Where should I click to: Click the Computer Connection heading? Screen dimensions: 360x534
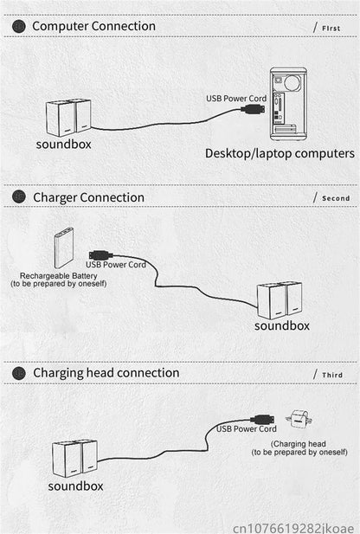click(93, 26)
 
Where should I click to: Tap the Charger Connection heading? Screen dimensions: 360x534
click(88, 197)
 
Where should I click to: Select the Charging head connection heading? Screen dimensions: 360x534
click(106, 373)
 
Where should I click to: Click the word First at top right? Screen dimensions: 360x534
click(331, 29)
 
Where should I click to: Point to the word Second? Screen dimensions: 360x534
click(336, 198)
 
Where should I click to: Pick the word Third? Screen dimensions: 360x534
click(332, 375)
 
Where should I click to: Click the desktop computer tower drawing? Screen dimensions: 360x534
click(288, 104)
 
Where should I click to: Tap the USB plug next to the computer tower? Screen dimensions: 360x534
click(253, 110)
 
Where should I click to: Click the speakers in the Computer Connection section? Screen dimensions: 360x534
click(68, 118)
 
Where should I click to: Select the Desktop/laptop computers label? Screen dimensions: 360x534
click(280, 153)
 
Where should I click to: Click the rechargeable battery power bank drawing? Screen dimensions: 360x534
click(64, 248)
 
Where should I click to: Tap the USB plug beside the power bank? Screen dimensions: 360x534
click(100, 255)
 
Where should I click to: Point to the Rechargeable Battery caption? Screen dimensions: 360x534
click(59, 280)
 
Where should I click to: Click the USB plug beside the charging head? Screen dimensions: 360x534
click(262, 419)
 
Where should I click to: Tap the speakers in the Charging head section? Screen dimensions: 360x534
click(74, 458)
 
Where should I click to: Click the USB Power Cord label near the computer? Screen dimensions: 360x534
click(236, 99)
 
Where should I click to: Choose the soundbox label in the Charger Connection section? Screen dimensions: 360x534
click(282, 326)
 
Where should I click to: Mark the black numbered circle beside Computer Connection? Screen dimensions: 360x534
click(19, 27)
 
